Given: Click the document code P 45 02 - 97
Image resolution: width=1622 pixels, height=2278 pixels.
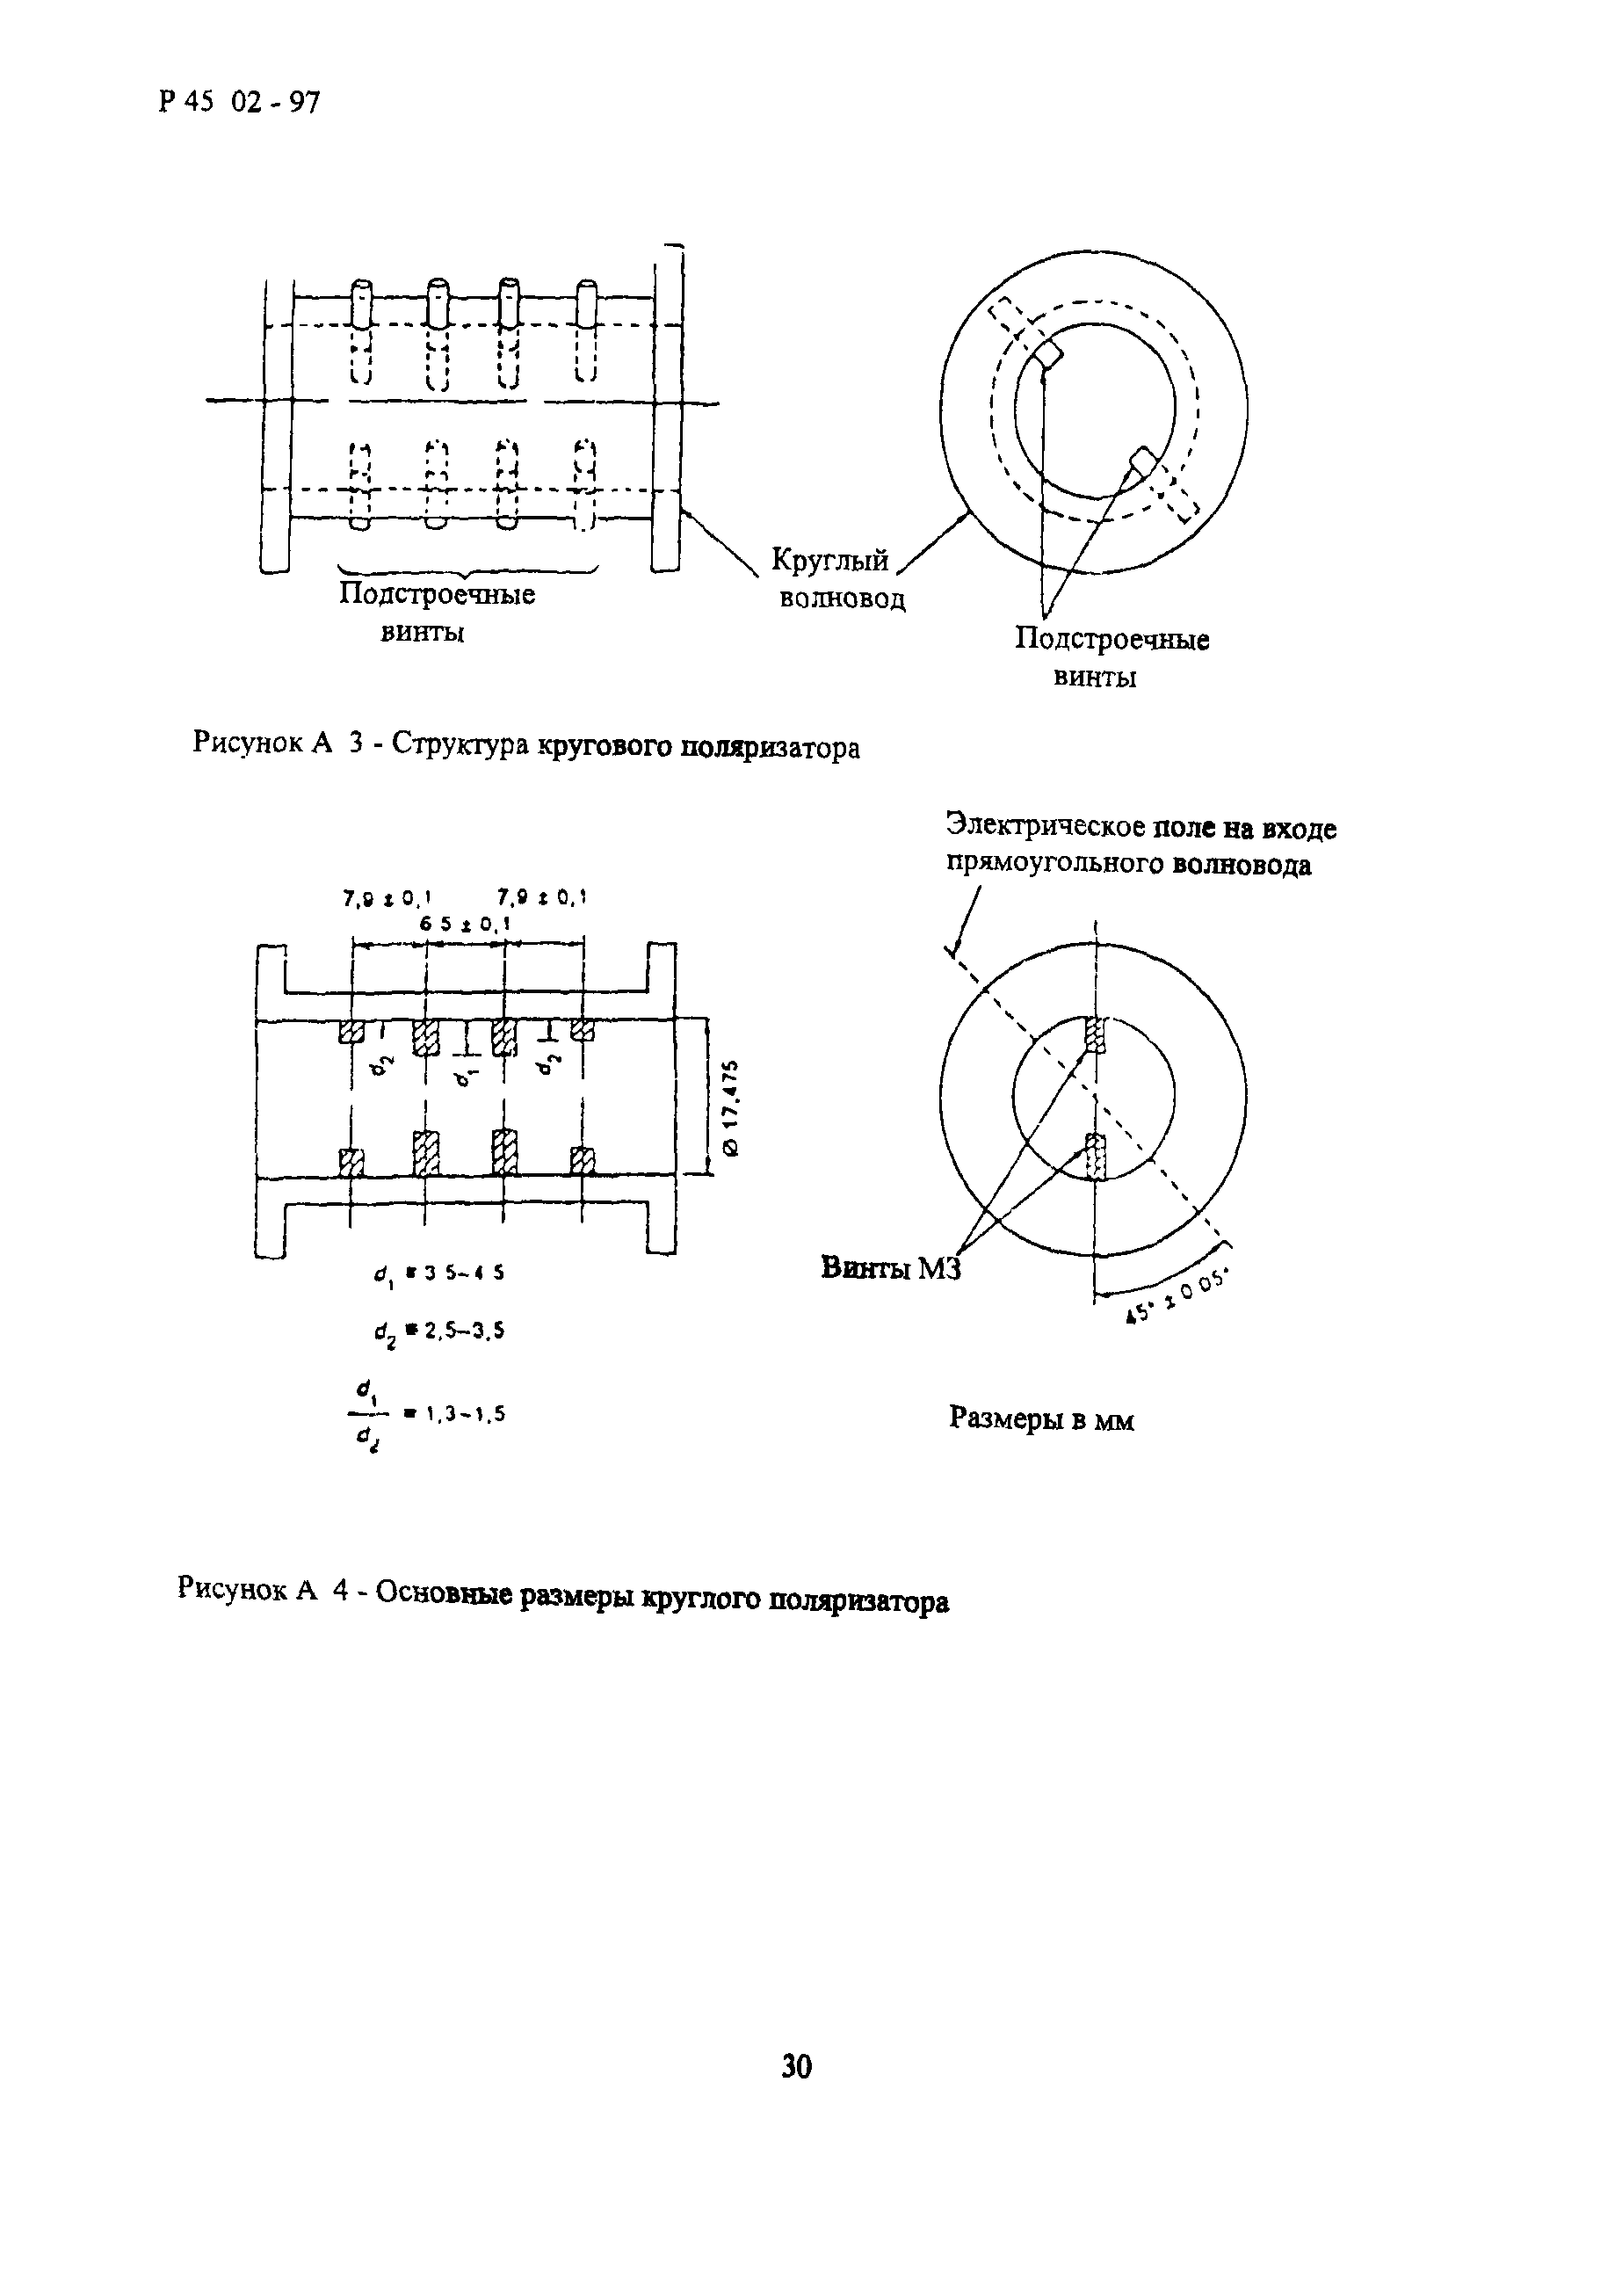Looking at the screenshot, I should (x=240, y=102).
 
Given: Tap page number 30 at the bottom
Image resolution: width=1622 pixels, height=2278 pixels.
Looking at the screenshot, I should (x=797, y=2065).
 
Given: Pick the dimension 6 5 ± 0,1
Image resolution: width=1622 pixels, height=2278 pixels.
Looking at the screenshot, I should (x=465, y=925).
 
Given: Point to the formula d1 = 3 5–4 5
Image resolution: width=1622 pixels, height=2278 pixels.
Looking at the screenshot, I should (x=439, y=1273).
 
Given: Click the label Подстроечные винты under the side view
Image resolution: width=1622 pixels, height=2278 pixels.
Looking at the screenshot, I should (x=436, y=613).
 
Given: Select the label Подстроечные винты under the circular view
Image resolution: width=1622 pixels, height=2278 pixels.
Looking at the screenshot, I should (x=1111, y=657).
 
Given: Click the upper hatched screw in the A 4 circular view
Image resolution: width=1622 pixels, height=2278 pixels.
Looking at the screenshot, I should (x=1096, y=1036).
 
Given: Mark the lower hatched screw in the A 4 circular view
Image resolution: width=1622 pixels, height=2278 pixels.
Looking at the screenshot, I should (x=1096, y=1157).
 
